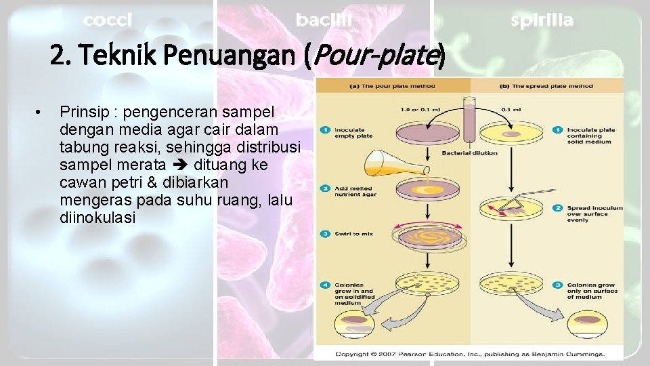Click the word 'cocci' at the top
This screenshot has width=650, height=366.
click(x=108, y=21)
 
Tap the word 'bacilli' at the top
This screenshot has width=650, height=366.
click(x=324, y=21)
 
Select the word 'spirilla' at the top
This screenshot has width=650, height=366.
click(x=542, y=21)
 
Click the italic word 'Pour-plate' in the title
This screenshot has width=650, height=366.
click(x=375, y=59)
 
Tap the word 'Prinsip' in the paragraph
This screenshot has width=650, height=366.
click(x=81, y=110)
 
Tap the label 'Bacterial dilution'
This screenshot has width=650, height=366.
click(x=470, y=153)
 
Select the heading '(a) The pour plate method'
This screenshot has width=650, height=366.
click(x=393, y=86)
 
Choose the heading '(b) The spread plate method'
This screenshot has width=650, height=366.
click(x=546, y=86)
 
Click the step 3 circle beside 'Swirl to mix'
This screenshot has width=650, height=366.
click(x=326, y=234)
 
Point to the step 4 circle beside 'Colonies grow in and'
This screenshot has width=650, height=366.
click(x=326, y=285)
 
